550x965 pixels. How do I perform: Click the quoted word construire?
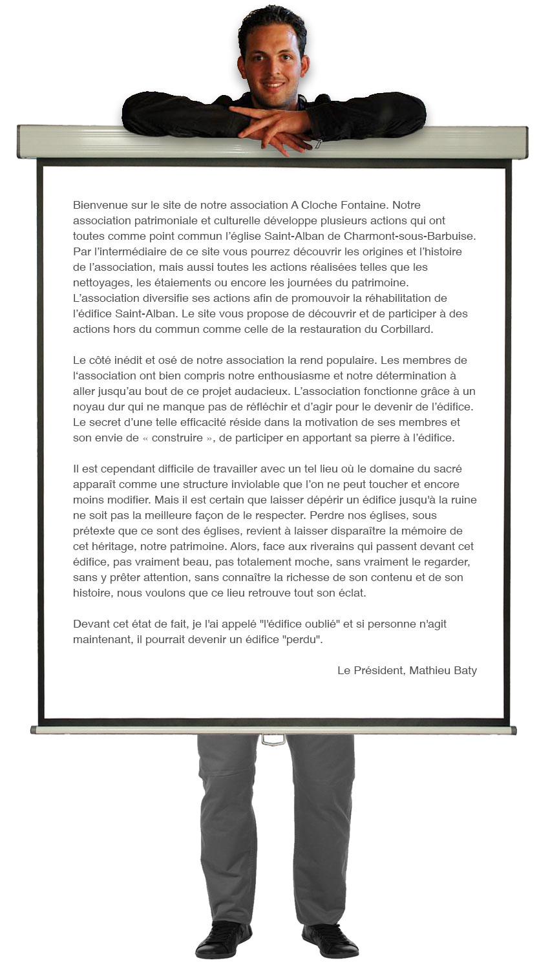[178, 438]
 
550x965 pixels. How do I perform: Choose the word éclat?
[351, 593]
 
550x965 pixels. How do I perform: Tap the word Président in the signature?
[379, 671]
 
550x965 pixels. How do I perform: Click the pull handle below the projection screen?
[273, 739]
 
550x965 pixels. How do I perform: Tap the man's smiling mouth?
[273, 84]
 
